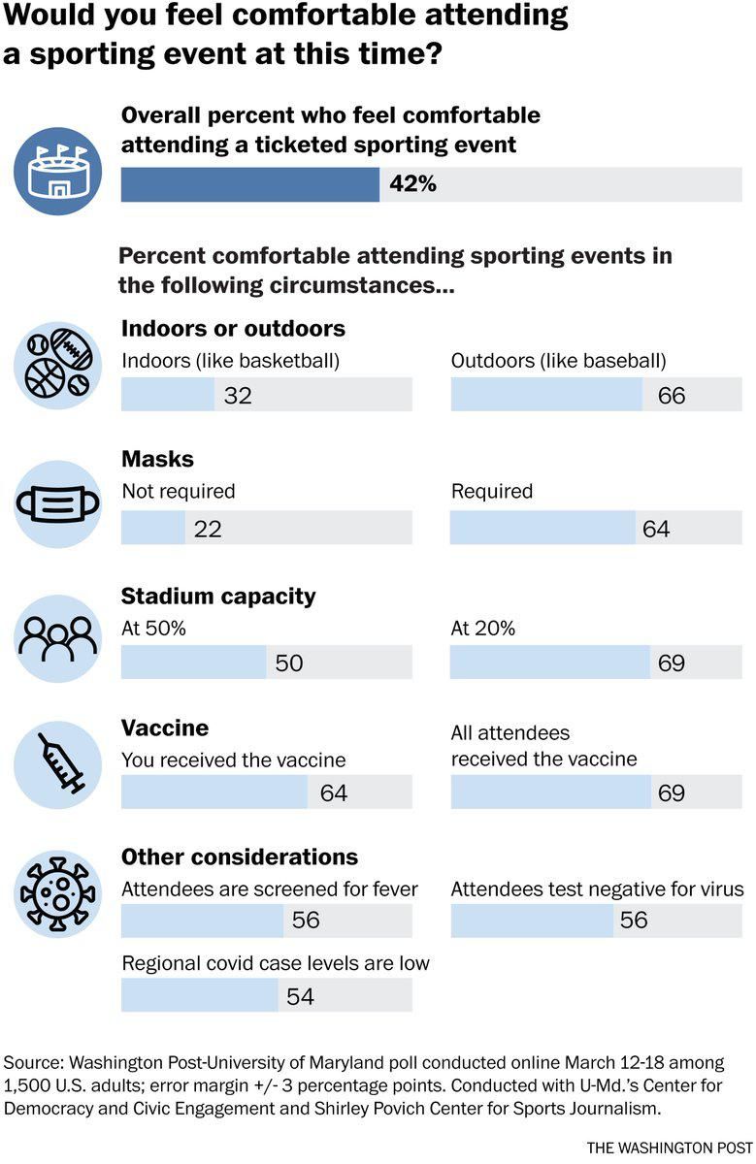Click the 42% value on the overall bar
point(412,184)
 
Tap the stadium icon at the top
point(57,172)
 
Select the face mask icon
point(57,504)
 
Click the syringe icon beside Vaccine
point(57,765)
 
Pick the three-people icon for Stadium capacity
point(57,637)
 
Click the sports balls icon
point(57,370)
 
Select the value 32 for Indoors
point(238,396)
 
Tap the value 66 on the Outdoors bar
point(672,396)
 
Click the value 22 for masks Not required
point(209,529)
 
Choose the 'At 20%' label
point(483,629)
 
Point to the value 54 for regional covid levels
point(300,996)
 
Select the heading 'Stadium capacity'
point(218,596)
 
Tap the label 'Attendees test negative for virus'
point(597,889)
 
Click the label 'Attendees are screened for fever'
point(270,889)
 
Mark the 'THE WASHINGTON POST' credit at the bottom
point(665,1147)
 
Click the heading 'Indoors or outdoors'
point(233,328)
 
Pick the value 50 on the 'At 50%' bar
point(289,663)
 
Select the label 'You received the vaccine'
point(233,760)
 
